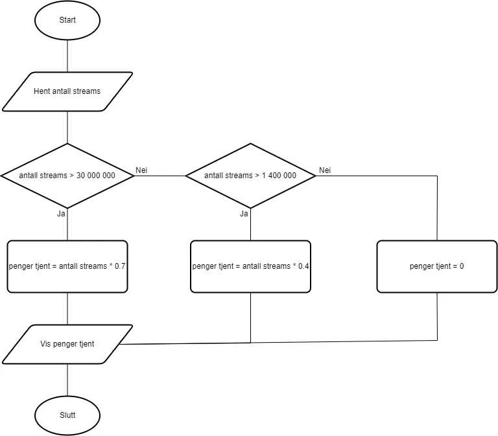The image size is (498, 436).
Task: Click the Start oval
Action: coord(67,20)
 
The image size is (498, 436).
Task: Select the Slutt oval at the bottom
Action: coord(67,415)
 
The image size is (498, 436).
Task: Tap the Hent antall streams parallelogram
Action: coord(67,91)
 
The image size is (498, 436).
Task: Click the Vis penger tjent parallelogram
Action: coord(67,343)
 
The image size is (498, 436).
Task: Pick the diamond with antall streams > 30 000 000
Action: coord(67,176)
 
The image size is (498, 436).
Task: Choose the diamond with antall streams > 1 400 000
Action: coord(250,176)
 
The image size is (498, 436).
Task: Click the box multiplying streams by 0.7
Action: coord(67,266)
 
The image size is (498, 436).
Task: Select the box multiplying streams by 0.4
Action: coord(250,266)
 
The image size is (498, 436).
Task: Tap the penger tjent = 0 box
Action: coord(436,266)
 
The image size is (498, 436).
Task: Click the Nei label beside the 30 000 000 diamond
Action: coord(142,170)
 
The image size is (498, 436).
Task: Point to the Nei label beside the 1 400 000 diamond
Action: coord(325,170)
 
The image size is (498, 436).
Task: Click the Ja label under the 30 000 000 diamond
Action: coord(62,213)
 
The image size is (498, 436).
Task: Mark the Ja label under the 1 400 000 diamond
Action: coord(244,213)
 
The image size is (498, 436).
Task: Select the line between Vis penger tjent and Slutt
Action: coord(67,380)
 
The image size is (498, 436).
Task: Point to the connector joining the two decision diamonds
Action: coord(160,176)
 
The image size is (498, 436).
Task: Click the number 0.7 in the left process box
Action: coord(120,266)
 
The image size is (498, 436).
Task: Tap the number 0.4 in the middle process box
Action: coord(303,266)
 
